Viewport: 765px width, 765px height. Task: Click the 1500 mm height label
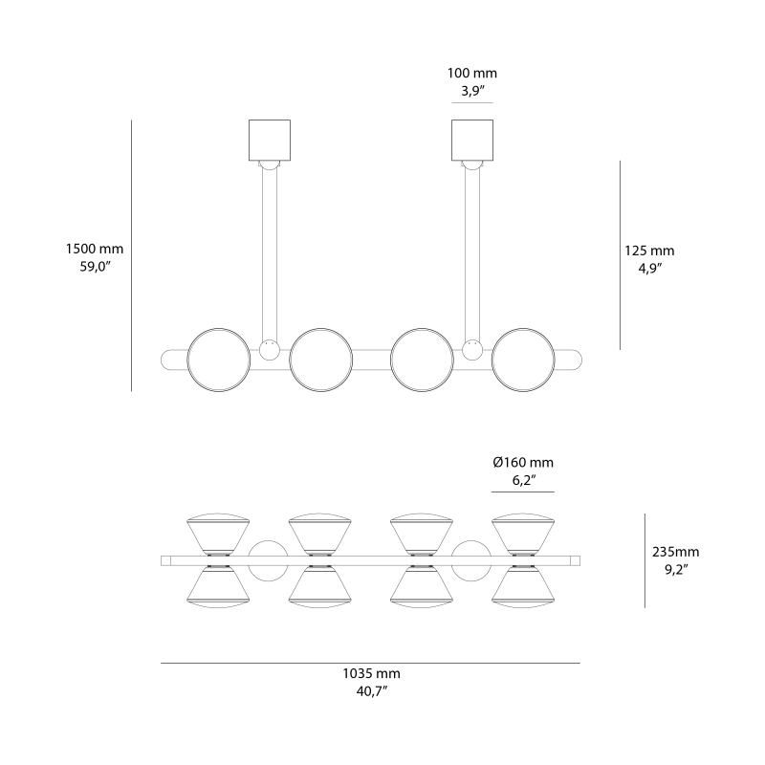click(94, 249)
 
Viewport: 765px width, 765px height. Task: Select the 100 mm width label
click(472, 74)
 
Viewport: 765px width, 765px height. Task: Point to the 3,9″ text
click(472, 92)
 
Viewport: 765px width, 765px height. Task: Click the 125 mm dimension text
click(649, 251)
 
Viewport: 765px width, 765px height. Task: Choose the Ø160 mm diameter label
click(523, 463)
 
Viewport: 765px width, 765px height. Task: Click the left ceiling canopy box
click(269, 140)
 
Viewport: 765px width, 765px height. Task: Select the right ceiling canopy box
click(472, 140)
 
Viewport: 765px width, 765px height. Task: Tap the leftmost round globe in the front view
click(218, 361)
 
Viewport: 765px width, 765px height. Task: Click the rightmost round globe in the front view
click(523, 361)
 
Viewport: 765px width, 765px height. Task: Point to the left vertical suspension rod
click(270, 253)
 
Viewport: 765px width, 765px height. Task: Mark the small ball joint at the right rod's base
click(470, 349)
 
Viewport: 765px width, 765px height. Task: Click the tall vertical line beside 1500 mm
click(131, 255)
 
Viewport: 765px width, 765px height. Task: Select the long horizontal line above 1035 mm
click(370, 663)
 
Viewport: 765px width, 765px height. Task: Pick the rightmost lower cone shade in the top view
click(523, 585)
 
